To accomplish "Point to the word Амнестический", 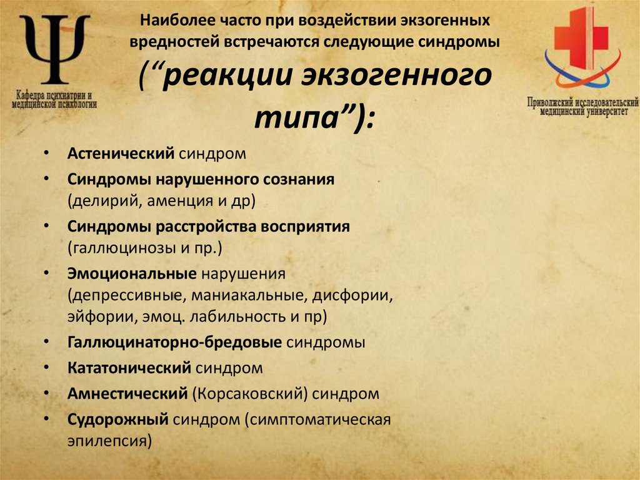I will pyautogui.click(x=127, y=394).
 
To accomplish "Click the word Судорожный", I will pyautogui.click(x=119, y=419).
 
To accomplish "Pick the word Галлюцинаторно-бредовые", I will pyautogui.click(x=176, y=342).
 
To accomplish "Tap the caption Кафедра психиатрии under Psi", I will pyautogui.click(x=54, y=96).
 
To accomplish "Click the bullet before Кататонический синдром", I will pyautogui.click(x=48, y=369).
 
